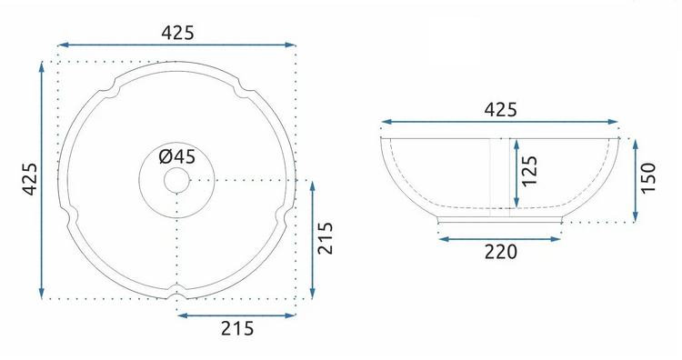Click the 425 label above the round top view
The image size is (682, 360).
click(x=177, y=33)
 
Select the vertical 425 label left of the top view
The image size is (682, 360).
click(x=30, y=179)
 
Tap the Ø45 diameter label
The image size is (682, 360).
click(x=177, y=156)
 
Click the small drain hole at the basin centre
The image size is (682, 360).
click(x=177, y=180)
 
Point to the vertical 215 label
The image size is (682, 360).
click(x=326, y=238)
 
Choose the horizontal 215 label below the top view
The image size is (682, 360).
click(x=237, y=328)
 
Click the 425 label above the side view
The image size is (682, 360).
click(x=501, y=110)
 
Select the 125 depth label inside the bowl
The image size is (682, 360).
click(x=529, y=171)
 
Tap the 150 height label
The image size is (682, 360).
click(x=648, y=178)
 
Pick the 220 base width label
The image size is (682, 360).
click(x=501, y=252)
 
